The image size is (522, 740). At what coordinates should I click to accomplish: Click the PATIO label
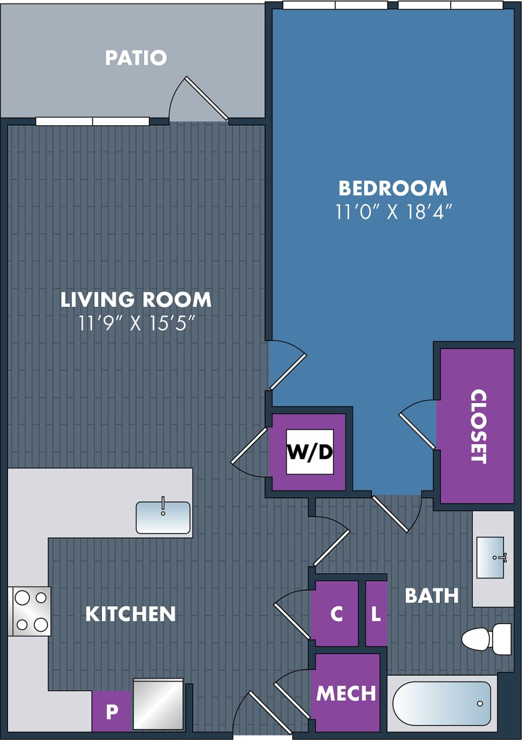point(136,58)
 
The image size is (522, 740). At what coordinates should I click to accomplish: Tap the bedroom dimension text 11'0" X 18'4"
point(393,212)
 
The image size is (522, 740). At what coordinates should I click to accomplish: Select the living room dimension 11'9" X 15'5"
point(136,323)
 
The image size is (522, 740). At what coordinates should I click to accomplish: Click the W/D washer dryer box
point(310,452)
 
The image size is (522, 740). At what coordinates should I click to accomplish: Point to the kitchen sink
point(163,517)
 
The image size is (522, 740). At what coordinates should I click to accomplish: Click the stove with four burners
point(31,611)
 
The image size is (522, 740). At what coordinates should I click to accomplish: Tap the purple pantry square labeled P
point(111,711)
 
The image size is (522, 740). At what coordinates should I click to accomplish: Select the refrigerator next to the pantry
point(158,704)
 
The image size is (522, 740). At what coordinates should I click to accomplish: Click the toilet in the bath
point(486,639)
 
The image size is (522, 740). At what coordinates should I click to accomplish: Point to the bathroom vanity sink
point(490,558)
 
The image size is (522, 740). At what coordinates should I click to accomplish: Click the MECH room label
point(346,693)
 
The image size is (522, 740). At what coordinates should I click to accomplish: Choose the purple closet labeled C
point(336,614)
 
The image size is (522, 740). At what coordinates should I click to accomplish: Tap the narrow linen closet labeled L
point(376,614)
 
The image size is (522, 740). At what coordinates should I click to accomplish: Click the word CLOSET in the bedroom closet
point(478,426)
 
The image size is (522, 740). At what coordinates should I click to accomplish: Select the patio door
point(205,98)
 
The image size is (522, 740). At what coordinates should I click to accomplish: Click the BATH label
point(431,595)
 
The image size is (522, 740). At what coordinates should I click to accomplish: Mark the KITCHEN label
point(130,614)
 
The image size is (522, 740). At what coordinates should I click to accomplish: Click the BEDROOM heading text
point(393,188)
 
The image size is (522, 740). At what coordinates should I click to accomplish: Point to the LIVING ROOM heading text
point(136,299)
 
